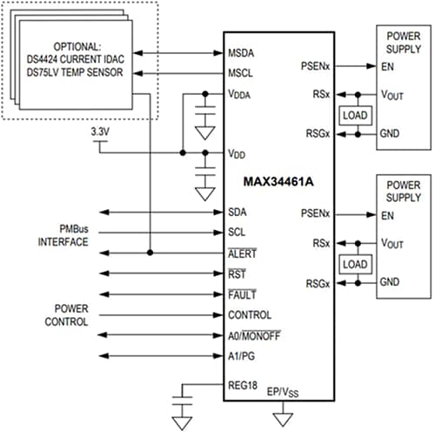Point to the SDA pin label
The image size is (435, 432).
point(237,212)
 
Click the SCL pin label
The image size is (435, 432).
point(237,233)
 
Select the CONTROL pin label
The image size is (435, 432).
point(249,315)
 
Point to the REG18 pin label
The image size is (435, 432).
point(243,384)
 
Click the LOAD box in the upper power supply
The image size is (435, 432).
point(356,114)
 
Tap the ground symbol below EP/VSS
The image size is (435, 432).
point(279,420)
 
